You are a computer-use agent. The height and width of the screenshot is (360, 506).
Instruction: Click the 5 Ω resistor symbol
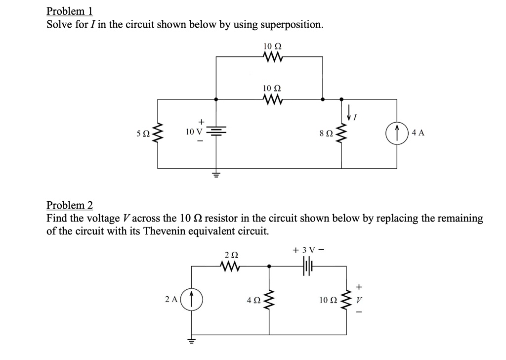click(158, 133)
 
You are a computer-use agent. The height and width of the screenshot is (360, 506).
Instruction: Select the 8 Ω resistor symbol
click(342, 134)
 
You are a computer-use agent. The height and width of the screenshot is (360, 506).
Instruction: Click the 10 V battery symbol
click(215, 132)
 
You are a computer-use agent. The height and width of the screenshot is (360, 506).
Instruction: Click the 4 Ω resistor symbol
click(269, 300)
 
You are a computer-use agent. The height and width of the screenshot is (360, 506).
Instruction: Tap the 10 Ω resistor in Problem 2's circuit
click(346, 300)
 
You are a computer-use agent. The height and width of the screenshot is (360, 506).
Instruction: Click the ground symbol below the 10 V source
click(215, 175)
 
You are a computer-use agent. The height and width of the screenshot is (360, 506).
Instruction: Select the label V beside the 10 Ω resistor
click(359, 300)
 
